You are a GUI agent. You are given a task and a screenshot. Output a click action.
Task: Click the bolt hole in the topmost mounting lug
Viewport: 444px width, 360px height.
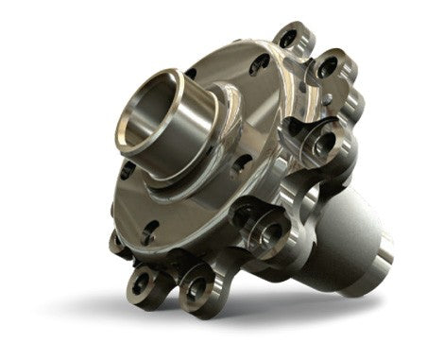point(287,41)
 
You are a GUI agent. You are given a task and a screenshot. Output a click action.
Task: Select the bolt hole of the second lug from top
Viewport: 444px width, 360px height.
point(327,69)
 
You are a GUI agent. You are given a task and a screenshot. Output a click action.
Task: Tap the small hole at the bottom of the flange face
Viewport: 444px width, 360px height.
point(150,226)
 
